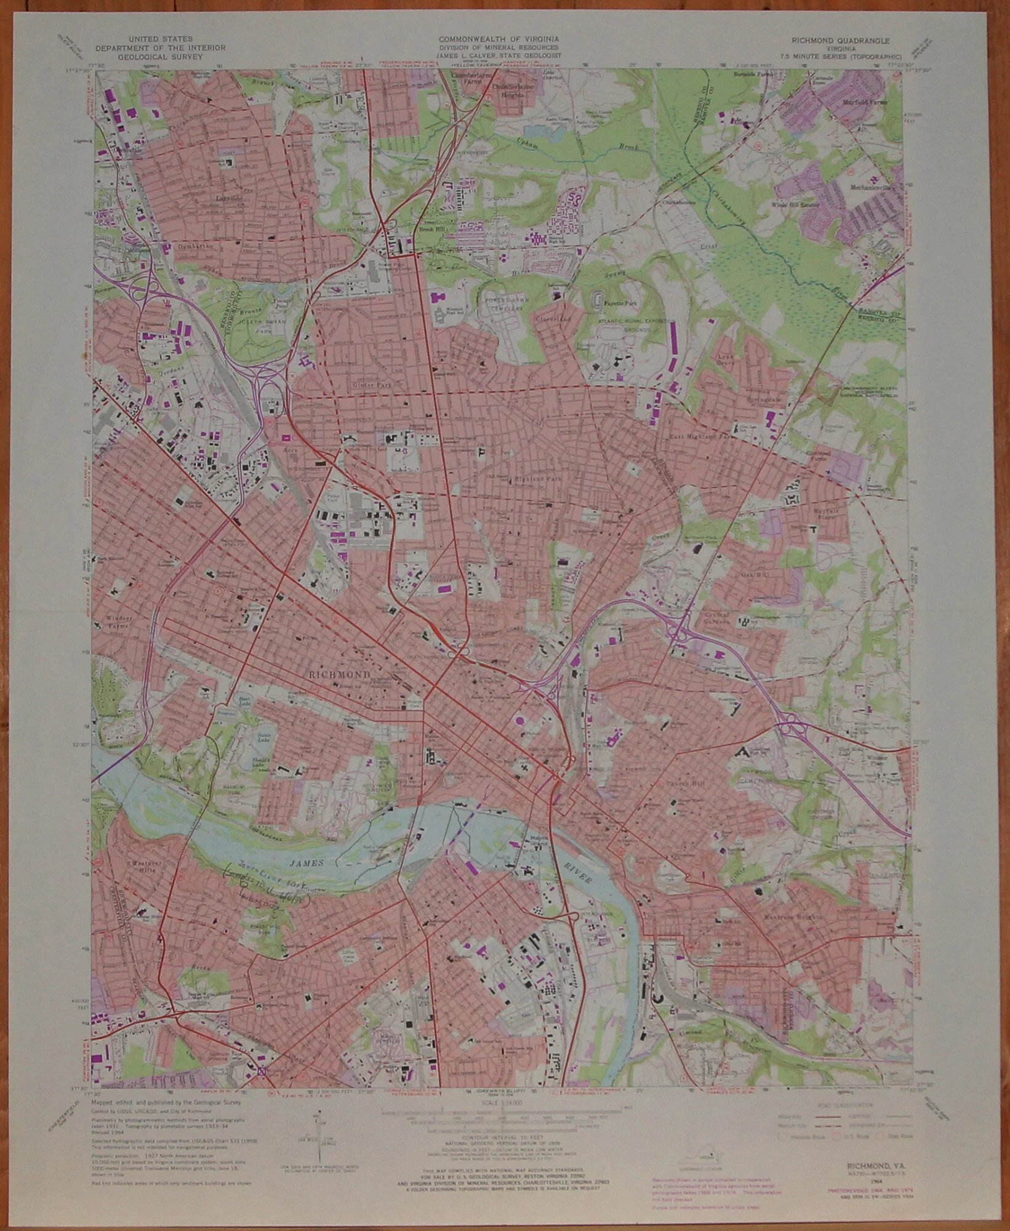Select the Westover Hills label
tap(146, 867)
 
